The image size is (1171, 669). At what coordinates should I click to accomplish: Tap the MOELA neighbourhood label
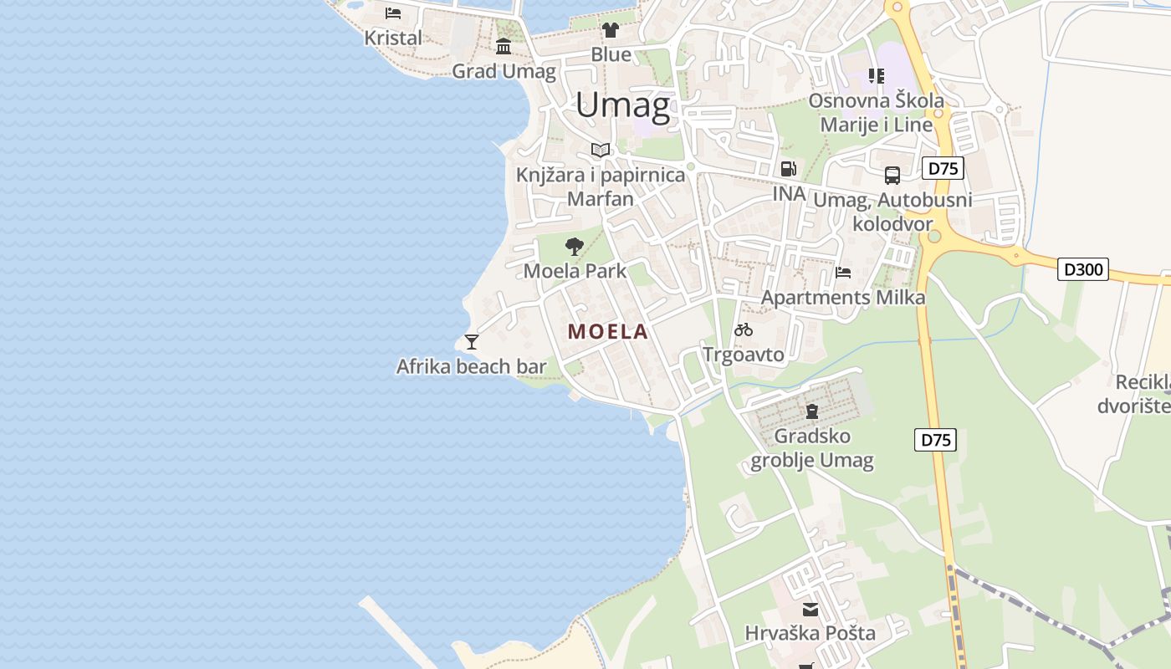[608, 331]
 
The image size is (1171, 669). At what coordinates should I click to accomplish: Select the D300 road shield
[1083, 269]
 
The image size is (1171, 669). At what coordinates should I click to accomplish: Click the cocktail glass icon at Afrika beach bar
[472, 341]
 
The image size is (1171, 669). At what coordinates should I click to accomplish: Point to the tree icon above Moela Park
[574, 246]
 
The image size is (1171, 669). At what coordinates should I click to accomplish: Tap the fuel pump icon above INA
[788, 169]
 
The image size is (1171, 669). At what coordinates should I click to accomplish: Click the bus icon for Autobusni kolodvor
[892, 176]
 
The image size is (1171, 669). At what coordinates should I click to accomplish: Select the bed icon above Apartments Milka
[843, 273]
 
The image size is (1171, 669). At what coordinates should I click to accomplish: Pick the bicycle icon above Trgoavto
[744, 329]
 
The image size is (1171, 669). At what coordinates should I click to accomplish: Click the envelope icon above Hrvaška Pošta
[810, 610]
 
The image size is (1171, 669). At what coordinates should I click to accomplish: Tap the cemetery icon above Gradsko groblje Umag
[811, 411]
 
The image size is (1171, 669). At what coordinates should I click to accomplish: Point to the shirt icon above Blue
[611, 31]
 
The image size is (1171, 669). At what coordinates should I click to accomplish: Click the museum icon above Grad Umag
[504, 47]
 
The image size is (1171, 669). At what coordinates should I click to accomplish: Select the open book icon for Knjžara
[600, 150]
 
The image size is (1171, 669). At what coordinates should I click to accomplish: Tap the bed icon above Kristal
[393, 13]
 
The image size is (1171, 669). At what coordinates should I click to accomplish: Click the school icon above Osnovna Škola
[876, 76]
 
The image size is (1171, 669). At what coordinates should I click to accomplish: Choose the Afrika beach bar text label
[471, 366]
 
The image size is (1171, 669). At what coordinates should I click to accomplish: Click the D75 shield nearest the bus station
[943, 168]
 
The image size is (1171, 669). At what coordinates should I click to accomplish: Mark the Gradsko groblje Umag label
[812, 448]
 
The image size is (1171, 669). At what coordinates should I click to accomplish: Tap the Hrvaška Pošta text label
[810, 633]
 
